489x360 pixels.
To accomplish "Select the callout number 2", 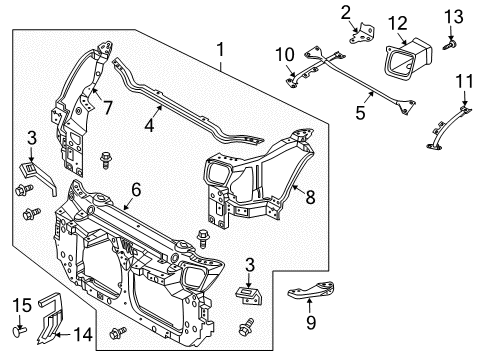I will pyautogui.click(x=345, y=12).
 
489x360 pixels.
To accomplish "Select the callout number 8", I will pyautogui.click(x=309, y=199).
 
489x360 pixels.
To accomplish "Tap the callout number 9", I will pyautogui.click(x=311, y=323).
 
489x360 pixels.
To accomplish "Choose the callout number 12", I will pyautogui.click(x=397, y=21).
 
